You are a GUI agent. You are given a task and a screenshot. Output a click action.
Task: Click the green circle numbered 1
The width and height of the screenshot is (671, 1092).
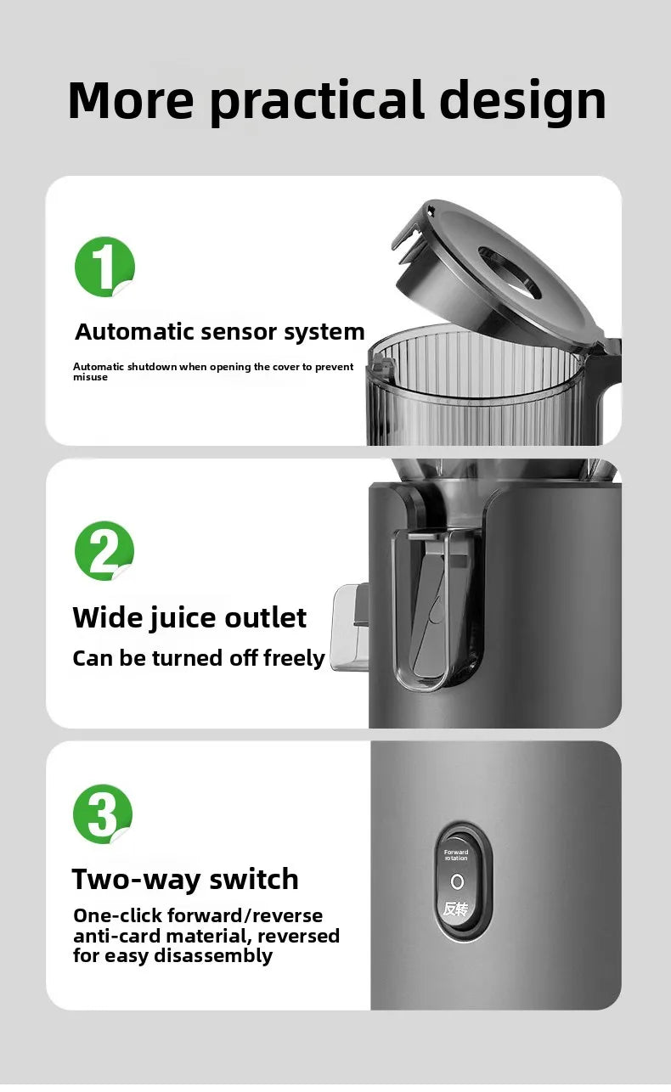pyautogui.click(x=104, y=267)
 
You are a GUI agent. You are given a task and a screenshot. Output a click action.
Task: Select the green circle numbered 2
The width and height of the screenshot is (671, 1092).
pyautogui.click(x=104, y=551)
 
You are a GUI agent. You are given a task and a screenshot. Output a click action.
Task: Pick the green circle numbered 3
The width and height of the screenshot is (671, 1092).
pyautogui.click(x=103, y=814)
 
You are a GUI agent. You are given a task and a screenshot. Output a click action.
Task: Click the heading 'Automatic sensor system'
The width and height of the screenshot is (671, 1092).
pyautogui.click(x=220, y=332)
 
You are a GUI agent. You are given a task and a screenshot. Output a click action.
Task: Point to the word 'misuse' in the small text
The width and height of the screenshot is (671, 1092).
pyautogui.click(x=90, y=377)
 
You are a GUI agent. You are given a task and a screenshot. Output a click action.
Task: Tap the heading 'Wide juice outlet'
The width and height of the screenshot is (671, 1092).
pyautogui.click(x=189, y=617)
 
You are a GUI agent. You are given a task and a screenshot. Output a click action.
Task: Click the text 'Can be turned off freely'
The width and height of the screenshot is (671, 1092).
pyautogui.click(x=199, y=658)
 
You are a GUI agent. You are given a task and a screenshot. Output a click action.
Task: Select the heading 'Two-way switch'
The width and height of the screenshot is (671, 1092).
pyautogui.click(x=185, y=879)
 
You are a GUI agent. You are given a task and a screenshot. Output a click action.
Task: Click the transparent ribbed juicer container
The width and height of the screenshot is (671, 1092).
pyautogui.click(x=476, y=391)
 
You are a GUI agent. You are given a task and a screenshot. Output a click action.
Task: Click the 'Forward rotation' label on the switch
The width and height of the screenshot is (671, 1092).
pyautogui.click(x=456, y=855)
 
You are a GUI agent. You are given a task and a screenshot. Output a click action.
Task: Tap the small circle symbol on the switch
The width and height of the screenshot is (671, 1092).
pyautogui.click(x=456, y=881)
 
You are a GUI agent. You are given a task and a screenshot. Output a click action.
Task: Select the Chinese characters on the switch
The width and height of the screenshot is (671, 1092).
pyautogui.click(x=456, y=909)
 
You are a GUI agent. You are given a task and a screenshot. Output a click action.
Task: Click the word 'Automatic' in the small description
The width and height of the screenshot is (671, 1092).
pyautogui.click(x=99, y=367)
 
